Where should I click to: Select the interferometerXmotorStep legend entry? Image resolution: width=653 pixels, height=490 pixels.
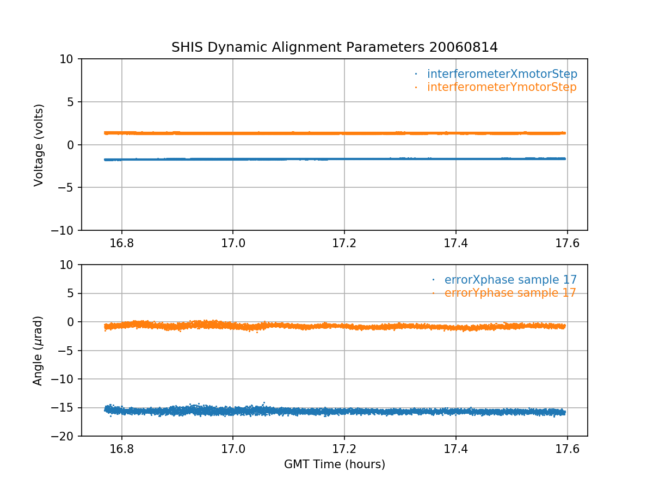click(502, 74)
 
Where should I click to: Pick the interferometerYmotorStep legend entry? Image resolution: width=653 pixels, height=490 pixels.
click(501, 87)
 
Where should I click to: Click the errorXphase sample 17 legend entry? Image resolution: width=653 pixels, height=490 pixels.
click(510, 280)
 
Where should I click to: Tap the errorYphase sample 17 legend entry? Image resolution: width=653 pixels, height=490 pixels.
click(510, 293)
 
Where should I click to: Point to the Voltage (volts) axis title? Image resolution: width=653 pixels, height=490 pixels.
click(39, 145)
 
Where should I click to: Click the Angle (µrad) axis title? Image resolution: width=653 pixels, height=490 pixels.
click(38, 351)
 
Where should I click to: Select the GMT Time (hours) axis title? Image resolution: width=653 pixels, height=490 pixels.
click(335, 464)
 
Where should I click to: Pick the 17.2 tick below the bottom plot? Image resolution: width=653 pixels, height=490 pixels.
click(344, 449)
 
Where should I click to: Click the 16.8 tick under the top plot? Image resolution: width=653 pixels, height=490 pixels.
click(122, 243)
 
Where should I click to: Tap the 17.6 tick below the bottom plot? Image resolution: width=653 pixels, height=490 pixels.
click(567, 449)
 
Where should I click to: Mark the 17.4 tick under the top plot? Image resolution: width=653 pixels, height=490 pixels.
click(456, 243)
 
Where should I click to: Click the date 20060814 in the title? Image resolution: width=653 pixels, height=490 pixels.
click(463, 47)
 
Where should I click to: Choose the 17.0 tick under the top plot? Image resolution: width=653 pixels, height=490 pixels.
click(233, 243)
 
